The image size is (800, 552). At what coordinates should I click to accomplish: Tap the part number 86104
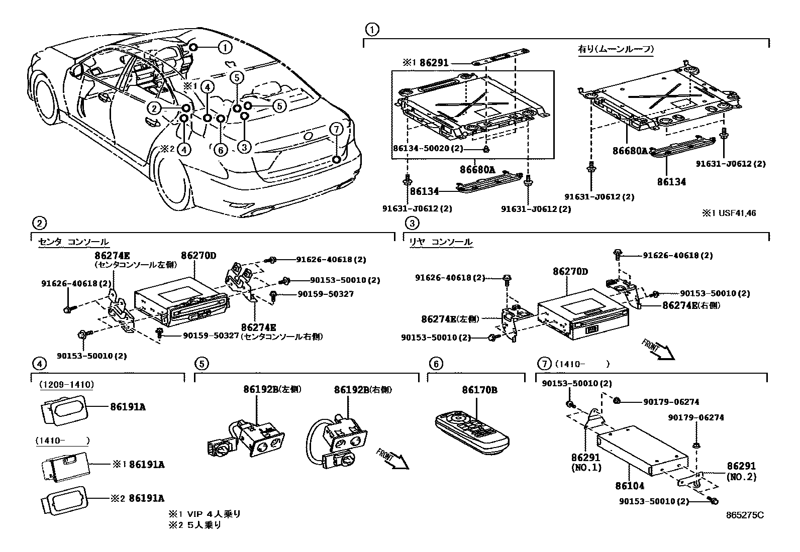(630, 486)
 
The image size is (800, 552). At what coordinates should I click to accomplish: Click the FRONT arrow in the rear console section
(658, 350)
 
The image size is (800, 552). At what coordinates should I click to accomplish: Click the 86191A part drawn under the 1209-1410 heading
(62, 407)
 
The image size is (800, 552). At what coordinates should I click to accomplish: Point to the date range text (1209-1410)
(66, 385)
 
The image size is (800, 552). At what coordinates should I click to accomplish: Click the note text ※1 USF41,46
(729, 213)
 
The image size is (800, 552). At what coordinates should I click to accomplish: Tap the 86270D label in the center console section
(198, 256)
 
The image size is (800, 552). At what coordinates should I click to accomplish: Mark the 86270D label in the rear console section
(570, 271)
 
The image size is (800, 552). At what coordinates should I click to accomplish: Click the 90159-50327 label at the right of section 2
(333, 294)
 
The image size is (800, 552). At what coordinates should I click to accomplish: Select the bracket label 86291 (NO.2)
(741, 471)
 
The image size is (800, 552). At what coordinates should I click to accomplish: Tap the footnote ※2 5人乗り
(195, 525)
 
